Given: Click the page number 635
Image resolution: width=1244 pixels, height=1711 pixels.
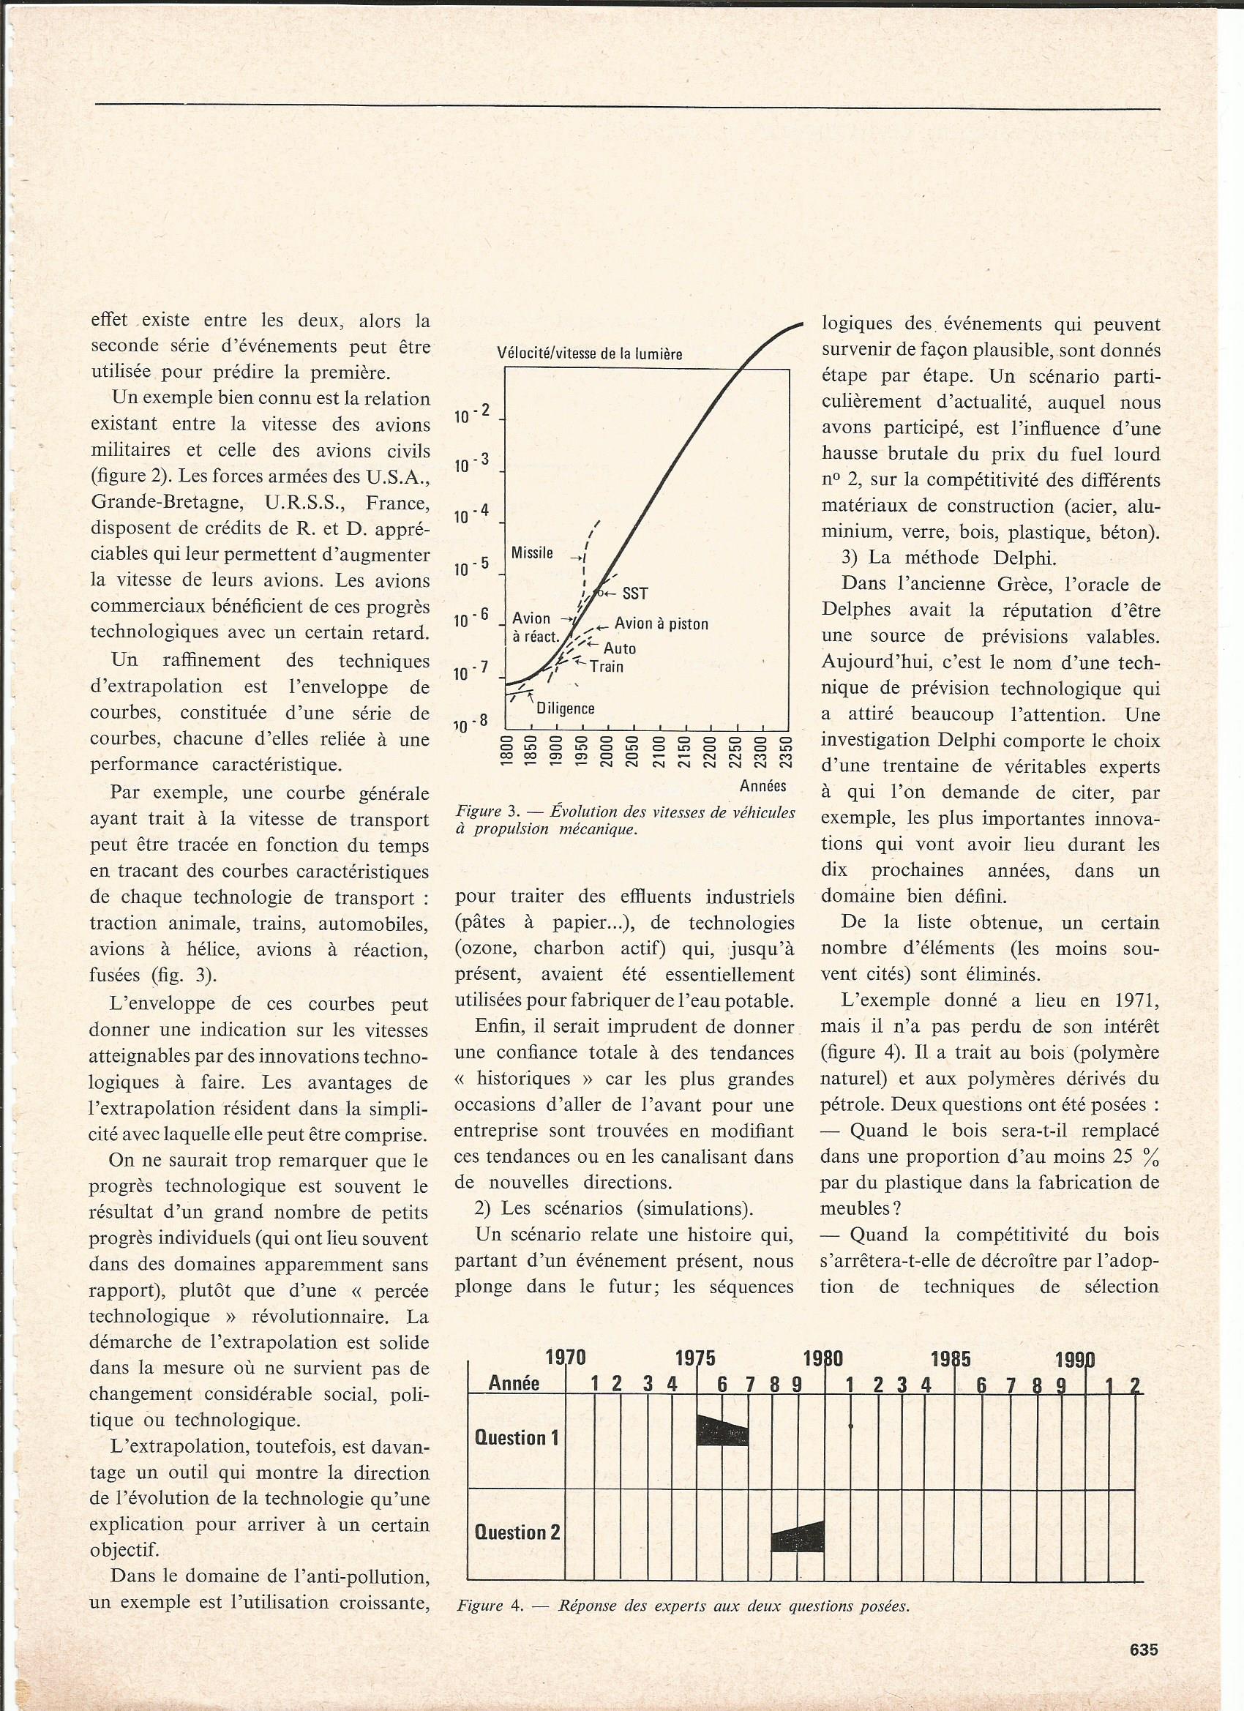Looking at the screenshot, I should tap(1144, 1650).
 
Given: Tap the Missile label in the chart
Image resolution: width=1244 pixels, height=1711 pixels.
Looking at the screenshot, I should tap(532, 553).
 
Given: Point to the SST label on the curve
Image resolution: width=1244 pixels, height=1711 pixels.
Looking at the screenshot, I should tap(635, 594).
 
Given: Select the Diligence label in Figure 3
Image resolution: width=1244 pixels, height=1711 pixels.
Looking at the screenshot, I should tap(565, 708).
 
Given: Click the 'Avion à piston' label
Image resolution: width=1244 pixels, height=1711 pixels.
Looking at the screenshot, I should tap(662, 624).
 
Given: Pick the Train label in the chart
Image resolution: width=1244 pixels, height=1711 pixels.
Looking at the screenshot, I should tap(607, 666).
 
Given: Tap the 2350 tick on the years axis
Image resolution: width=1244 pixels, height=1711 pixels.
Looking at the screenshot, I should tap(785, 752).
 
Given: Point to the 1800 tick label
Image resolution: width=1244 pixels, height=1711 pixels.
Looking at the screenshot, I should tap(507, 752).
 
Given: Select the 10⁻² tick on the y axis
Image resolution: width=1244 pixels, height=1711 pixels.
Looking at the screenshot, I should tap(473, 414).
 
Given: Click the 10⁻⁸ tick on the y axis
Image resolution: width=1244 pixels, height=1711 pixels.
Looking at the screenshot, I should tap(473, 725).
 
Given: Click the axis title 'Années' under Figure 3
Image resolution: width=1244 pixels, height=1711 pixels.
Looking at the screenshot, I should tap(762, 786).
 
